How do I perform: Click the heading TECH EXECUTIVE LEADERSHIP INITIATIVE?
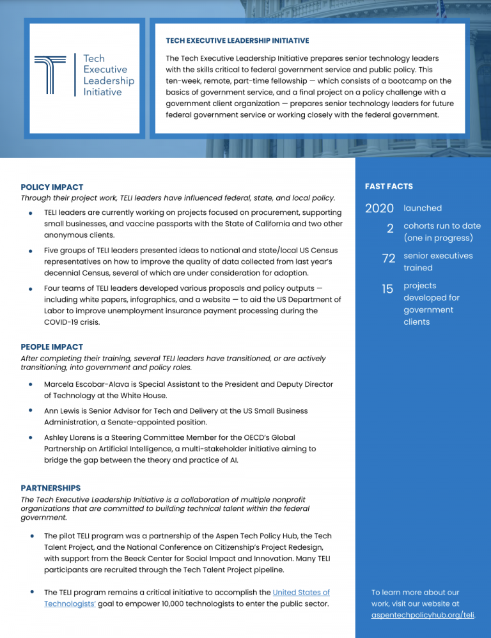237,40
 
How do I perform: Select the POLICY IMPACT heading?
52,187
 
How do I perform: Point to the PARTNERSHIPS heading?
51,488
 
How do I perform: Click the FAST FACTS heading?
389,187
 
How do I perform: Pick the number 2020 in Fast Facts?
379,208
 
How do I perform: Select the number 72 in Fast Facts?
388,258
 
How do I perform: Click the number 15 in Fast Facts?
387,289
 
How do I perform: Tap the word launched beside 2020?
423,208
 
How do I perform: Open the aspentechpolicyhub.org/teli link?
423,615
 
